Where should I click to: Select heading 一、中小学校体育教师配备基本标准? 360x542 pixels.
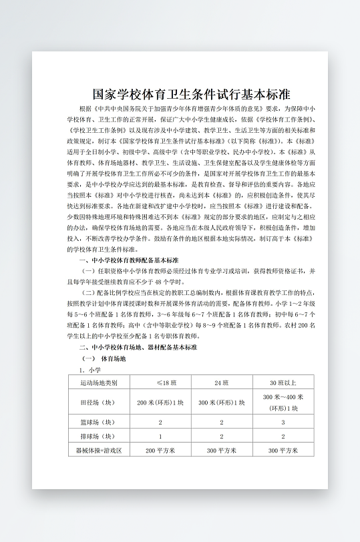[x=129, y=260]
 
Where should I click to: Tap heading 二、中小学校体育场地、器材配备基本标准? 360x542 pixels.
[x=138, y=348]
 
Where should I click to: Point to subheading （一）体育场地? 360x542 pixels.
[x=103, y=358]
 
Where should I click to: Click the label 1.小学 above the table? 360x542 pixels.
[x=89, y=369]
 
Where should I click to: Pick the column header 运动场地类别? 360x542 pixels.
[x=98, y=382]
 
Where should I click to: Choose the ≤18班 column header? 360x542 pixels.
[x=160, y=382]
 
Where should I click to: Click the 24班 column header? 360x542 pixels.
[x=222, y=382]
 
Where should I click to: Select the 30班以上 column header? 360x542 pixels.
[x=283, y=382]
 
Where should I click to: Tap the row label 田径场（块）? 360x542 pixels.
[x=98, y=402]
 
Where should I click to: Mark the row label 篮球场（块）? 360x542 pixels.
[x=98, y=423]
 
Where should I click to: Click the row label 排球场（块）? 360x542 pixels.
[x=98, y=437]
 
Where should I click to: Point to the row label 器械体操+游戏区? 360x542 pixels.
[x=98, y=451]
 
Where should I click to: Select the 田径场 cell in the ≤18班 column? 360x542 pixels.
[x=160, y=402]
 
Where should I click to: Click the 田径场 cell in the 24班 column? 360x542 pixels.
[x=222, y=402]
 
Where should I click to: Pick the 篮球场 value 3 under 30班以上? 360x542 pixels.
[x=283, y=423]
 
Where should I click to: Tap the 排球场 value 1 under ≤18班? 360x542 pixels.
[x=160, y=437]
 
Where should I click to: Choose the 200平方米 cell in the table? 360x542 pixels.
[x=160, y=451]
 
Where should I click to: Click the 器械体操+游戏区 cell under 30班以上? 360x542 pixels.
[x=283, y=451]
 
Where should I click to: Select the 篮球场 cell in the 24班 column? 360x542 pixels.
[x=222, y=423]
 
